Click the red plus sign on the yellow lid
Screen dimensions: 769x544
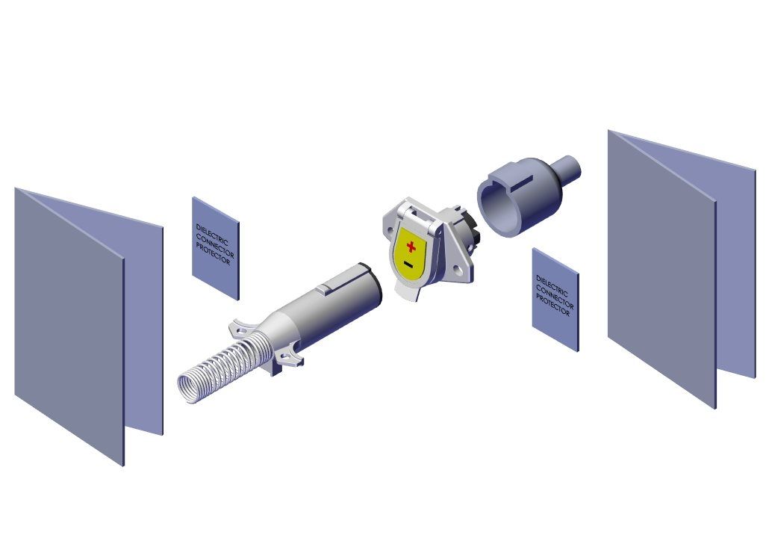coord(411,247)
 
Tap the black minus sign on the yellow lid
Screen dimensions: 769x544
coord(408,265)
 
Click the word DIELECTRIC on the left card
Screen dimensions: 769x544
coord(212,235)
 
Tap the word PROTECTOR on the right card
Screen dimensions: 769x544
coord(552,305)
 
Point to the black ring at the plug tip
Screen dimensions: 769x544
coord(373,285)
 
